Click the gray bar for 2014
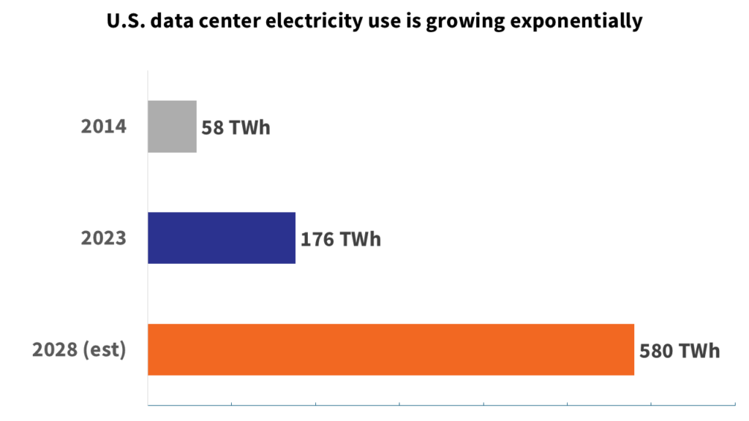172,126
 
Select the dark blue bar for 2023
222,238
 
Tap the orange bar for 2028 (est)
391,349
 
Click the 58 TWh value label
236,128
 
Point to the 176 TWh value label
341,239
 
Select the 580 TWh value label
680,351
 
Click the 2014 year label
103,126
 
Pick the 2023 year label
103,238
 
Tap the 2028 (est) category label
79,350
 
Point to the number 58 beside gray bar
214,128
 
